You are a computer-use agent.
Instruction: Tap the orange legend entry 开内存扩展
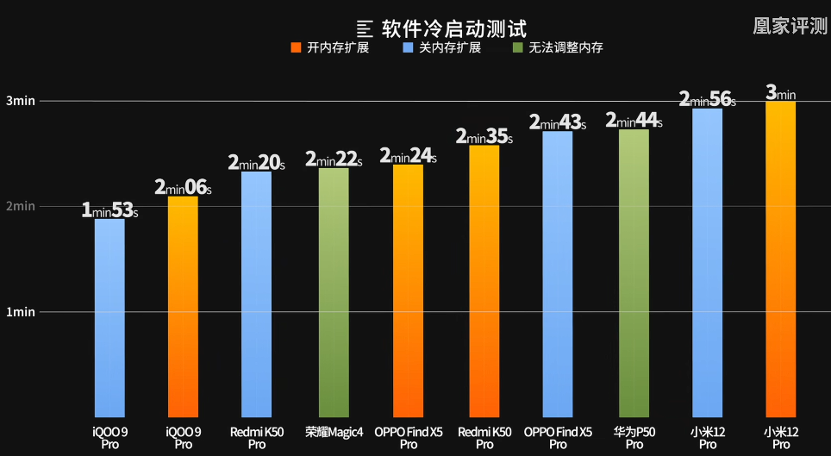[331, 47]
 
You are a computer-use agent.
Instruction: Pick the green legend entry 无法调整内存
[558, 47]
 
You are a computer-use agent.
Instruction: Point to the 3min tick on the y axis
[20, 101]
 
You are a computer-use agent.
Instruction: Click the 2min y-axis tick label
[20, 206]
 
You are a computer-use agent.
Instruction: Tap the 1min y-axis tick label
[20, 312]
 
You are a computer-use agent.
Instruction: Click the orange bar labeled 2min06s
[183, 306]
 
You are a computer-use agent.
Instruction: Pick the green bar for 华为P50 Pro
[634, 272]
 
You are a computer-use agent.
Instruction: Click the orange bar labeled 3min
[780, 259]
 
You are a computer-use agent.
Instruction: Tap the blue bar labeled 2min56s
[707, 262]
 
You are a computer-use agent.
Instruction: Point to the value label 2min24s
[408, 156]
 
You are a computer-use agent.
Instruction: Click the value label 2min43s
[557, 122]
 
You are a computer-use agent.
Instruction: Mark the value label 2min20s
[256, 162]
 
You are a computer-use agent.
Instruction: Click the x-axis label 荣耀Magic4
[334, 431]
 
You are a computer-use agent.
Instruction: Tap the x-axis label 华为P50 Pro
[634, 437]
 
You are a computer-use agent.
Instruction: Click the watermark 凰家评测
[790, 26]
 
